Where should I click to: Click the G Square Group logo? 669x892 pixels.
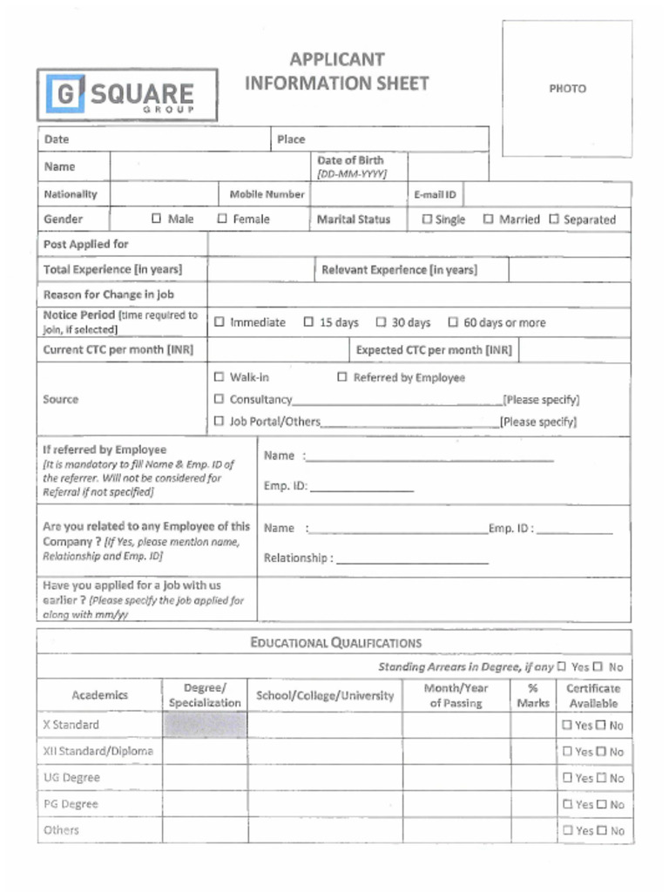click(x=127, y=94)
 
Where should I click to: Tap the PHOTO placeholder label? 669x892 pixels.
click(x=567, y=89)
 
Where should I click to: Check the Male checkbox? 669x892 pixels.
click(x=157, y=219)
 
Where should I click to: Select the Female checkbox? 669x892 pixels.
click(x=222, y=219)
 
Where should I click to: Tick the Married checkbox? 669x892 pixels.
click(x=489, y=220)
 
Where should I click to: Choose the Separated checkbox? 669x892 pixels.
click(x=554, y=220)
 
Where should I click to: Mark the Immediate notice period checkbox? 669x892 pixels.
click(x=220, y=322)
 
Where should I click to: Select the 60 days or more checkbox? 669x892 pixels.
click(x=453, y=322)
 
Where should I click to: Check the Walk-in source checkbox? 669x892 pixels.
click(x=220, y=377)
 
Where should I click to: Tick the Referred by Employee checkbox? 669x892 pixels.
click(x=342, y=377)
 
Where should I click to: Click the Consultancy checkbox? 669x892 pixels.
click(x=220, y=399)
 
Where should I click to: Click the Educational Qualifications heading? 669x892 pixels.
click(x=335, y=643)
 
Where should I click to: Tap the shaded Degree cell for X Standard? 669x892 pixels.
click(x=205, y=725)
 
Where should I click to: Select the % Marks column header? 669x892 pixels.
click(x=533, y=695)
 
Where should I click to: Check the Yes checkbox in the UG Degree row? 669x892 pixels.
click(x=567, y=778)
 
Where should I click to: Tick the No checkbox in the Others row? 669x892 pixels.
click(x=601, y=830)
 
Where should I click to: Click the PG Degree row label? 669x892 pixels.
click(x=71, y=804)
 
